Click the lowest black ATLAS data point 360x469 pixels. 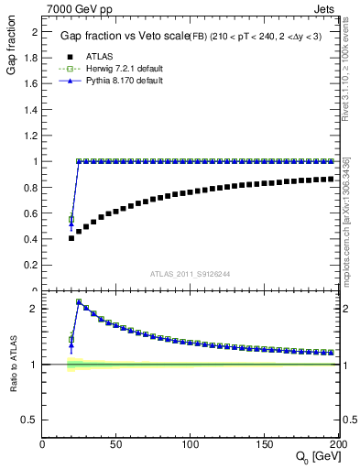pyautogui.click(x=71, y=238)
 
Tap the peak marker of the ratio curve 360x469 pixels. pyautogui.click(x=79, y=301)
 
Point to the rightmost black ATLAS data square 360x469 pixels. pyautogui.click(x=330, y=178)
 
